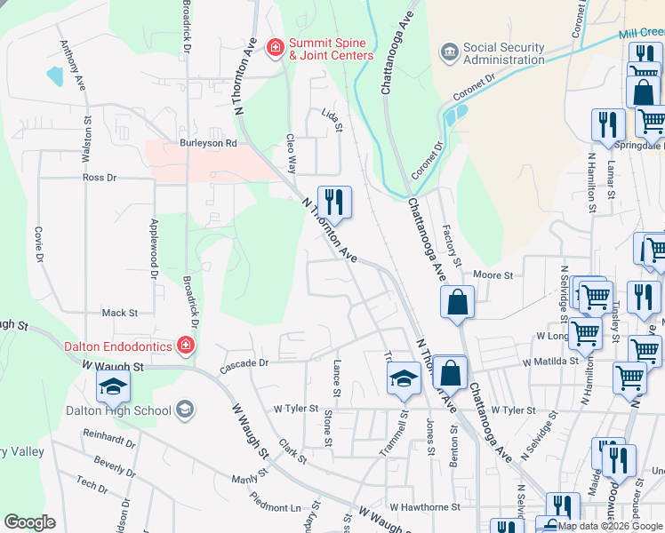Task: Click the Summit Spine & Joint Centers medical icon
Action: [x=276, y=45]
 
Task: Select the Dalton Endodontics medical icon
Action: [x=186, y=345]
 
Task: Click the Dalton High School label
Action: [x=118, y=410]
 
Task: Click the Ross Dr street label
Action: [x=100, y=178]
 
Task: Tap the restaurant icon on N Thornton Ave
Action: [x=334, y=202]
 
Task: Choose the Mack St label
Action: [x=120, y=313]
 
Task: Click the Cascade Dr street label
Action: [x=244, y=363]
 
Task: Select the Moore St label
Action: [x=493, y=275]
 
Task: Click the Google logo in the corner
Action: [x=29, y=522]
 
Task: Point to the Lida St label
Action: [x=331, y=120]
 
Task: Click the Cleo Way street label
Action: [x=290, y=154]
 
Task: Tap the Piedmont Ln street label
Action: [x=276, y=502]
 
